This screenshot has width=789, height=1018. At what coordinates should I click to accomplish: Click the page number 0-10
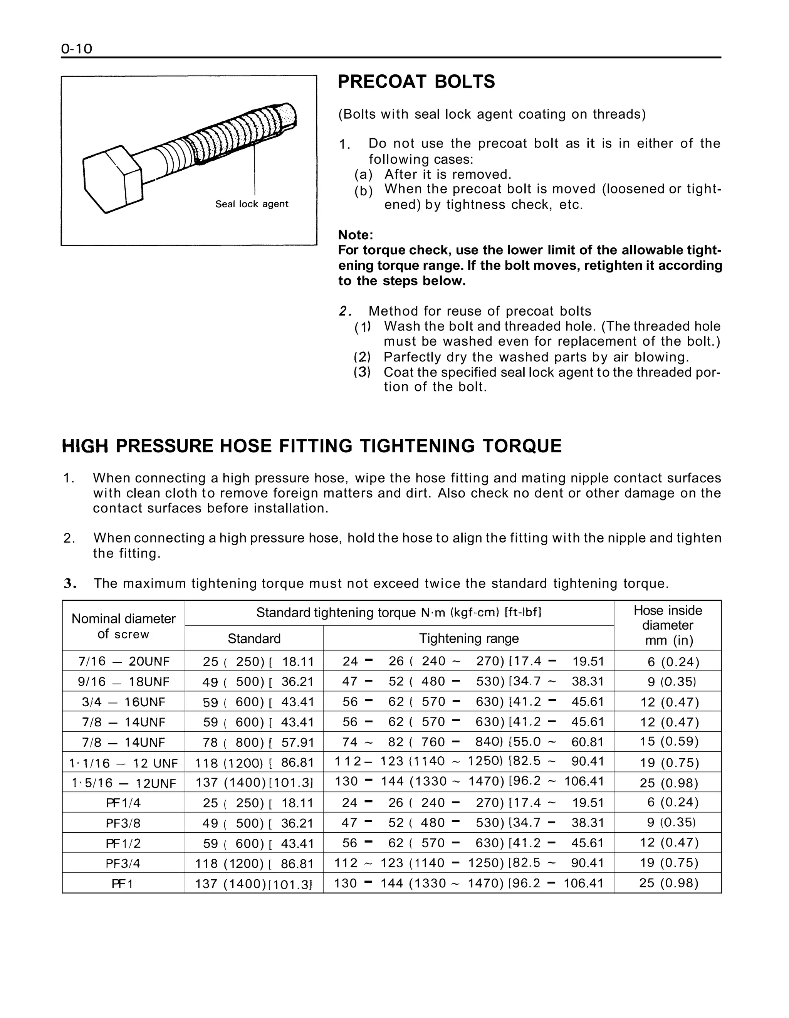76,49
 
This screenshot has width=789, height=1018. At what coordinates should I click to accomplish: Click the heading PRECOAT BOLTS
416,82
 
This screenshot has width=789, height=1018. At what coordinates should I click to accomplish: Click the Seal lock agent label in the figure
252,204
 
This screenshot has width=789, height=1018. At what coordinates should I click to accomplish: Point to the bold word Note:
355,234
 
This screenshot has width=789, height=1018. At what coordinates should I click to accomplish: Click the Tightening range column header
468,638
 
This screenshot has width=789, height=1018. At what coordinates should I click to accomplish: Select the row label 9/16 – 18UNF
124,682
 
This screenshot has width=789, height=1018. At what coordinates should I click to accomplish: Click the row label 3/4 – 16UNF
124,702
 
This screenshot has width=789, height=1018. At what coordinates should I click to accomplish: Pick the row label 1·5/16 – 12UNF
124,783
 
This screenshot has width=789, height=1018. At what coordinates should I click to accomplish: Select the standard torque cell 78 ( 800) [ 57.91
254,742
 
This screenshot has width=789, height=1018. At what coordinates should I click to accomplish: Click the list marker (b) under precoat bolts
364,191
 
